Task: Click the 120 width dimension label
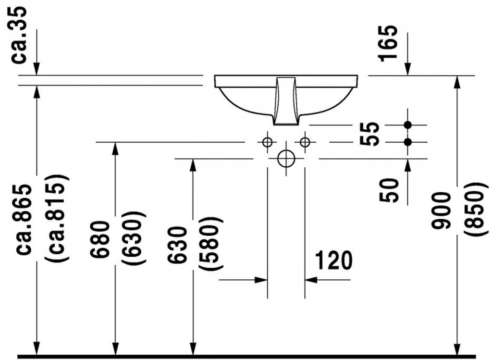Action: (333, 261)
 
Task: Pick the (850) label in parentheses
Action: (472, 210)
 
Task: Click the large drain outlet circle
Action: (286, 158)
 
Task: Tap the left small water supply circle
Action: (267, 142)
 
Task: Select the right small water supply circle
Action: (305, 142)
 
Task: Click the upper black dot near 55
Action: (408, 125)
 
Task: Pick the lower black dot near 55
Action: (408, 142)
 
